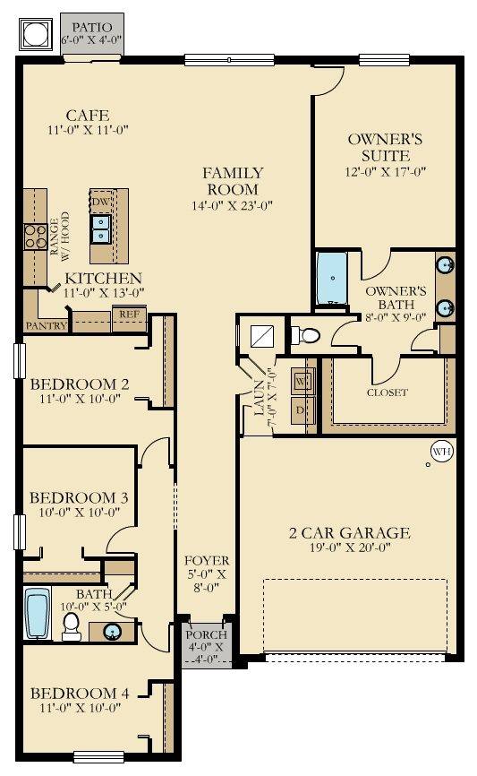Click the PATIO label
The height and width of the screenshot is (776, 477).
(93, 27)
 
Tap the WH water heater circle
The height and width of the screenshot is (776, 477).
(441, 452)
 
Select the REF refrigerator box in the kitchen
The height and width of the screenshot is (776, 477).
(129, 315)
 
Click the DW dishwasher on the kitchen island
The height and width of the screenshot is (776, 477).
(101, 203)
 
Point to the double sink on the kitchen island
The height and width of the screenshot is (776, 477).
(100, 230)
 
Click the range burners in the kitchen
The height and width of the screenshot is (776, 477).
(35, 236)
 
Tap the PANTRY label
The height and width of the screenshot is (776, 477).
(46, 326)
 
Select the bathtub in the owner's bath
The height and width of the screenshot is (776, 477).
(331, 280)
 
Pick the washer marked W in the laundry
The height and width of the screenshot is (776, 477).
(302, 381)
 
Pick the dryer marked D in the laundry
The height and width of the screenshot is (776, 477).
(302, 410)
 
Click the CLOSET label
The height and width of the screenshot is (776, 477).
(388, 392)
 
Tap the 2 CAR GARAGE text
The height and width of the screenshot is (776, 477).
(349, 533)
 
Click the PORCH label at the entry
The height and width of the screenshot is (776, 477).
(207, 634)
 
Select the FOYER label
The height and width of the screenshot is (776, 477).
(207, 561)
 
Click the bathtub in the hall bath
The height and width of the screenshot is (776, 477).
(38, 614)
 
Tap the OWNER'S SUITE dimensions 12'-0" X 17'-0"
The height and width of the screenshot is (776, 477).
(385, 171)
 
